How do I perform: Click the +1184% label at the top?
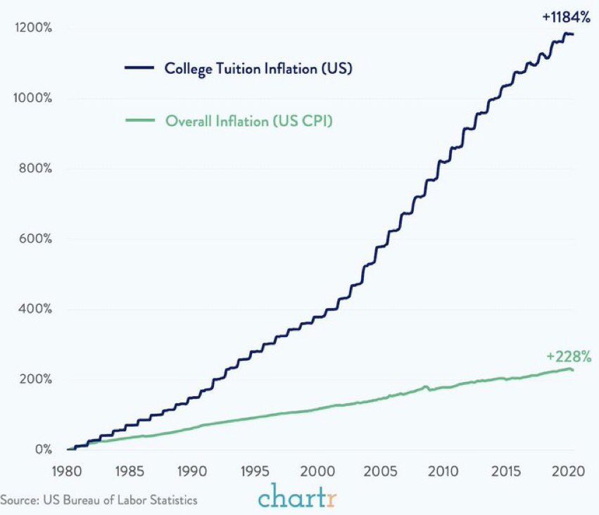[x=566, y=17]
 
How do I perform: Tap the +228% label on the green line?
[x=569, y=356]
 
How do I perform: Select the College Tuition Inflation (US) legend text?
[x=258, y=69]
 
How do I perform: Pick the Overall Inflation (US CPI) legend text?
[x=249, y=121]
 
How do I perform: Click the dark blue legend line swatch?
[x=139, y=68]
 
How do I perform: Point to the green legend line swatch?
[x=140, y=120]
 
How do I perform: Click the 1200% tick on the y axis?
[x=33, y=27]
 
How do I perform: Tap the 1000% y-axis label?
[x=32, y=98]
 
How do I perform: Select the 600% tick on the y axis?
[x=35, y=239]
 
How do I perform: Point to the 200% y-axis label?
[x=35, y=379]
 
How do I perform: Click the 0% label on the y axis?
[x=43, y=450]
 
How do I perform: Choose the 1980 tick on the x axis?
[x=67, y=471]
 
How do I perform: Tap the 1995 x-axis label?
[x=255, y=471]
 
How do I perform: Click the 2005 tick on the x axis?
[x=380, y=471]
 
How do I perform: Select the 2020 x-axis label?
[x=568, y=471]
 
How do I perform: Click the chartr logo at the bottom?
[x=297, y=495]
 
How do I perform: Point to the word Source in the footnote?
[x=20, y=500]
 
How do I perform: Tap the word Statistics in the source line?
[x=174, y=500]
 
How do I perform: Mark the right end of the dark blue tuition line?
[x=573, y=34]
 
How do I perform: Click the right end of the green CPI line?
[x=573, y=370]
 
